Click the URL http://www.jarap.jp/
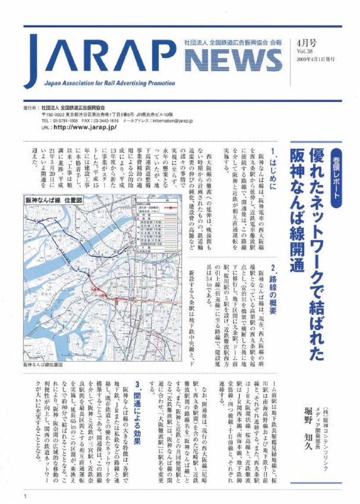click(84, 127)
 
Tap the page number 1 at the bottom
click(27, 497)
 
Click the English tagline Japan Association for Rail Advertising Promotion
click(109, 83)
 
